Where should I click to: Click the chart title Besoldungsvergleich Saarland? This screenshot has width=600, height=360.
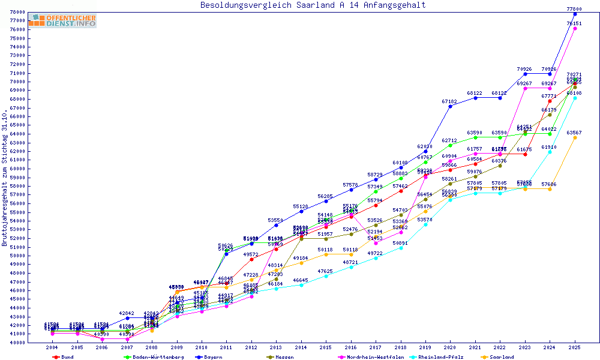coord(313,5)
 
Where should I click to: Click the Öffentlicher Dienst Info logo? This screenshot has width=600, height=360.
coord(62,20)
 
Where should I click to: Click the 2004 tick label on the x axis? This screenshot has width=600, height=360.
coord(52,347)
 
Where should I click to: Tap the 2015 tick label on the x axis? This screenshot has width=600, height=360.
coord(326,347)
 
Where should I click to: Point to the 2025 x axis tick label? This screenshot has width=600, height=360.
coord(575,347)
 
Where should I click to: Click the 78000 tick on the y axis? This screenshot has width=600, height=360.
coord(17,12)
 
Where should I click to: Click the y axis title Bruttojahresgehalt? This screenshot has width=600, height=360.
coord(5,178)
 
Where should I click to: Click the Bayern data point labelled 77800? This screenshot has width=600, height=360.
coord(575,14)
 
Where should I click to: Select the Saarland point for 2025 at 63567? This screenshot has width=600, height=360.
coord(575,137)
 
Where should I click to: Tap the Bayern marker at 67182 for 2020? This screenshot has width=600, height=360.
coord(450,106)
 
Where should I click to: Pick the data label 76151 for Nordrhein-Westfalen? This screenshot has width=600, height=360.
coord(574,23)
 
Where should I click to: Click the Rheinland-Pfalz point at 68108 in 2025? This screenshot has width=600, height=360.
coord(575,98)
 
